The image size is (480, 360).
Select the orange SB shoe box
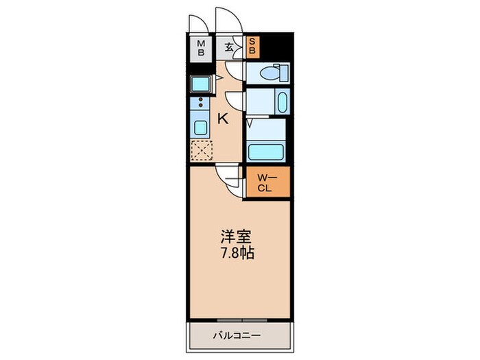(x=252, y=46)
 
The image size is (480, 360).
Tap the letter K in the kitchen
(x=223, y=119)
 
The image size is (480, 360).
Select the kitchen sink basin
(x=202, y=128)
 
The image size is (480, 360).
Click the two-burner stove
(x=202, y=104)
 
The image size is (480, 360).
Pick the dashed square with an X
(x=202, y=149)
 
